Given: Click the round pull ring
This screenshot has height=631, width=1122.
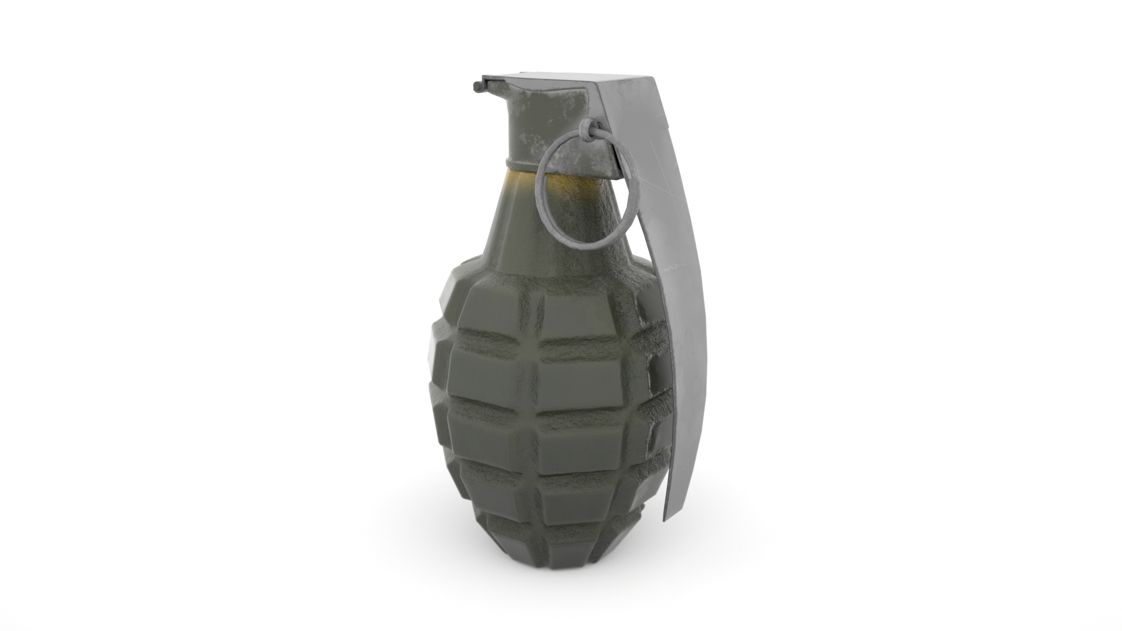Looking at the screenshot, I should [x=541, y=193].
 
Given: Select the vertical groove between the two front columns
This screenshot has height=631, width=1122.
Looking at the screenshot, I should [x=533, y=409].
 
